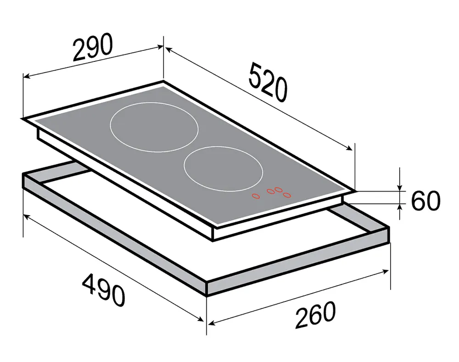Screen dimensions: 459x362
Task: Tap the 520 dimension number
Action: [268, 83]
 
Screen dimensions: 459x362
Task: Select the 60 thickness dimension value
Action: [425, 201]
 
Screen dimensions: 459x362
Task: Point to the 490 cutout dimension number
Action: [104, 290]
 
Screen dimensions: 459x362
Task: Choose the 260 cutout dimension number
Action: [315, 315]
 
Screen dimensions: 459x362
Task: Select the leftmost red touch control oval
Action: [256, 196]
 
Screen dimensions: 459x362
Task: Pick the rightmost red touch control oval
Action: [287, 195]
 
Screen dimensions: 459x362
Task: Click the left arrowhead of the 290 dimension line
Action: [26, 77]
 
